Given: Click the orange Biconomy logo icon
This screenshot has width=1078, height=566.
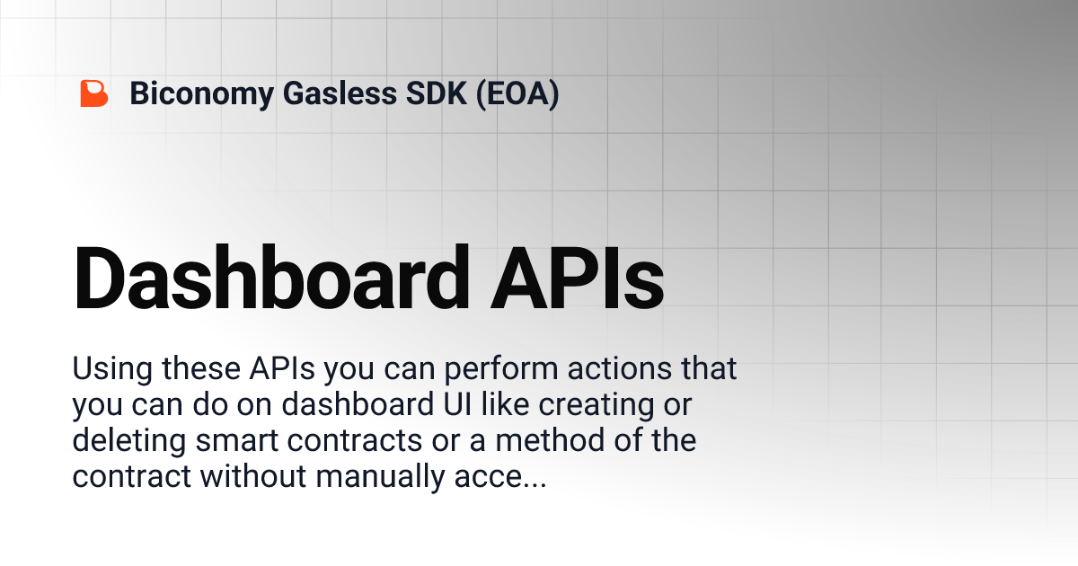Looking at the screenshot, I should [x=93, y=93].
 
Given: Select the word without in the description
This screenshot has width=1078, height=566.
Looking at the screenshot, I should [x=253, y=477].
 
